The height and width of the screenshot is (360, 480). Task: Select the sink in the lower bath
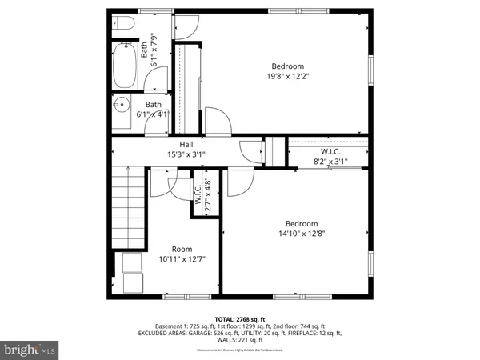click(x=122, y=105)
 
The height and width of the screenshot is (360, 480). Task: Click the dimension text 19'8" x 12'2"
click(x=287, y=77)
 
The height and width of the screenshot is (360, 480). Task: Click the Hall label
click(x=186, y=145)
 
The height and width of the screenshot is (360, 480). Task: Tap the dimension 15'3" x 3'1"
click(x=186, y=154)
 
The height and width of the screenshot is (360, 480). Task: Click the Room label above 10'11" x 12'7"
click(x=183, y=249)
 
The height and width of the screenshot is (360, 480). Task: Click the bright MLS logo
click(x=30, y=350)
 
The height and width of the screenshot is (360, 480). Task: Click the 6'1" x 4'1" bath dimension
click(x=152, y=114)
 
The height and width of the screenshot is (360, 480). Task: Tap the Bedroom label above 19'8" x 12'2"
click(x=287, y=66)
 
